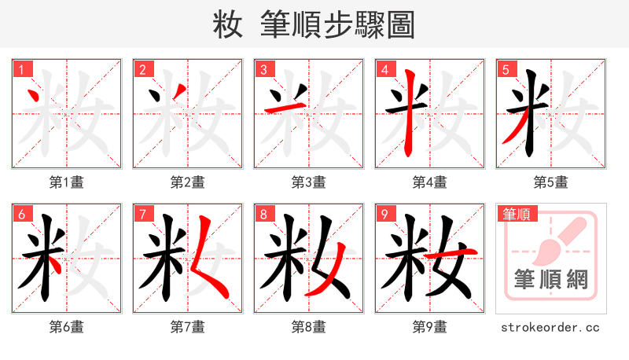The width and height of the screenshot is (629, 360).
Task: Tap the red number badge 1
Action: click(x=19, y=69)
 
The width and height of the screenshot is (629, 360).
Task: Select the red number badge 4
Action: click(x=384, y=69)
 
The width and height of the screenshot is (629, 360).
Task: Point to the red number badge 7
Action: click(x=142, y=214)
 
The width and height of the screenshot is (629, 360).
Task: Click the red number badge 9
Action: click(x=384, y=214)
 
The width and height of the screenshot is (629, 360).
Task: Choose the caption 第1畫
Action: click(x=67, y=182)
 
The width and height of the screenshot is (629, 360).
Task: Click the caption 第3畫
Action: click(x=309, y=182)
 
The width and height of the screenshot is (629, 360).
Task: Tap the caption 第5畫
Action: click(x=551, y=182)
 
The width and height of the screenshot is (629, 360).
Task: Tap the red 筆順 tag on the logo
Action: click(x=516, y=214)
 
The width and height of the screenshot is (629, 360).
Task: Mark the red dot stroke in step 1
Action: click(x=35, y=97)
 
